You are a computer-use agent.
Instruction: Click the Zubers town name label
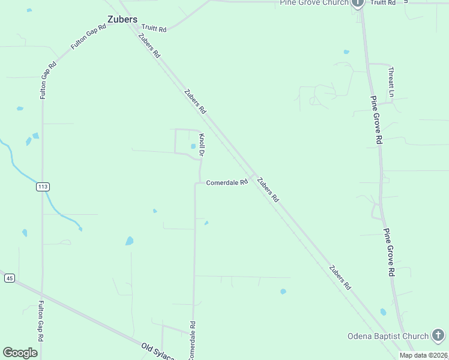(x=122, y=19)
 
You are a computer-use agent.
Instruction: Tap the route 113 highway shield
(x=42, y=187)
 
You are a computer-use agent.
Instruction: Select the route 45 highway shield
(x=9, y=278)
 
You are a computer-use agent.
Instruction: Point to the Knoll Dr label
(x=202, y=146)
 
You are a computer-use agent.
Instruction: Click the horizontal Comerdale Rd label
(x=227, y=182)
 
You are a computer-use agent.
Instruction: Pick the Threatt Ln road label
(x=391, y=81)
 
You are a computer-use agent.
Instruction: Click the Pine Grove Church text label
(x=314, y=3)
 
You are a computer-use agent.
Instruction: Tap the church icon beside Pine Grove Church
(x=358, y=3)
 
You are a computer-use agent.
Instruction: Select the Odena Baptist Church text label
(x=388, y=336)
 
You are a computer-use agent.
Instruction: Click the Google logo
(x=20, y=353)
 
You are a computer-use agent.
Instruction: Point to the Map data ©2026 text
(x=423, y=355)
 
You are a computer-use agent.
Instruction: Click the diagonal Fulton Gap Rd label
(x=84, y=37)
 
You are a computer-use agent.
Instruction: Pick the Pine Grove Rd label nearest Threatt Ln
(x=376, y=120)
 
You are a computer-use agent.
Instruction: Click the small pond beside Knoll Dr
(x=193, y=146)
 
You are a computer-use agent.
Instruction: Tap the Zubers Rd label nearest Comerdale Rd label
(x=268, y=189)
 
